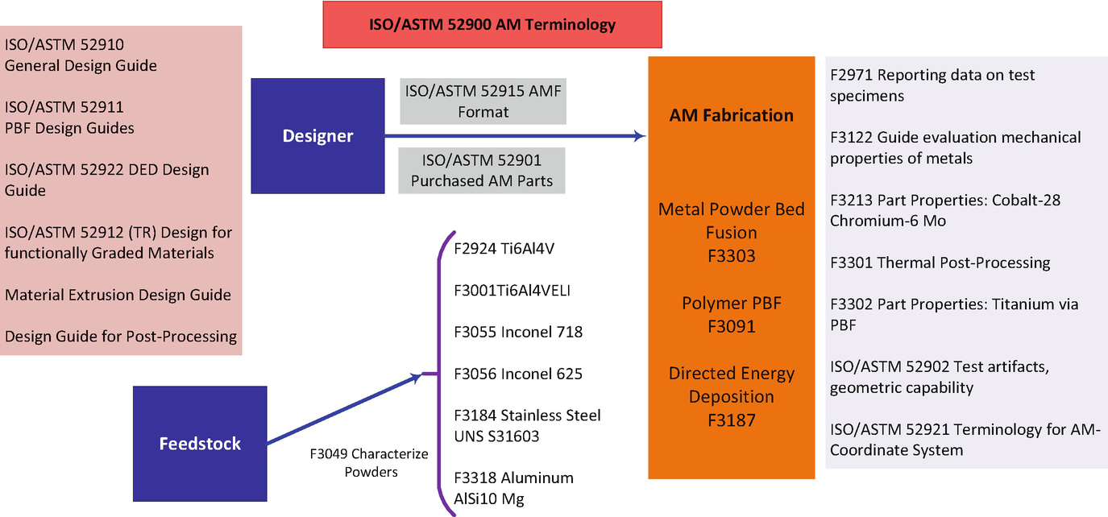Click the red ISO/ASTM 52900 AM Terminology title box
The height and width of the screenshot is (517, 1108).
tap(492, 24)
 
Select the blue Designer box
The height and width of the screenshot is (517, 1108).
tap(317, 136)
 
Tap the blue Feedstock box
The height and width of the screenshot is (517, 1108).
tap(200, 444)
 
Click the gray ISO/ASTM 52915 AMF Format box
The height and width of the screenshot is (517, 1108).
tap(483, 101)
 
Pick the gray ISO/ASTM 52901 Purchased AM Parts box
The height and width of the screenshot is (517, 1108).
tap(482, 170)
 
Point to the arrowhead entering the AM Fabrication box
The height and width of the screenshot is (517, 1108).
tap(641, 137)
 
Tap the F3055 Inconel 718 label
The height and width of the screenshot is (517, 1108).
tap(517, 332)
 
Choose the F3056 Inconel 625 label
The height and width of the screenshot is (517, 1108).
tap(517, 374)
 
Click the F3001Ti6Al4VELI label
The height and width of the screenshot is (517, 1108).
tap(512, 290)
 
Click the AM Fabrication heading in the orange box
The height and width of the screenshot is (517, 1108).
tap(731, 115)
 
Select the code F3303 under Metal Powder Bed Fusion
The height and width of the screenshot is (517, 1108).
tap(731, 255)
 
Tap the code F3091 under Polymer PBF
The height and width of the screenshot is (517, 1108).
tap(731, 326)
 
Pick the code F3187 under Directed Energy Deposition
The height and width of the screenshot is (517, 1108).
tap(731, 420)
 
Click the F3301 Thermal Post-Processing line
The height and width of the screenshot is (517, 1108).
tap(940, 263)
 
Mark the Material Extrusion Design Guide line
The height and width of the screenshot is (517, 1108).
tap(118, 295)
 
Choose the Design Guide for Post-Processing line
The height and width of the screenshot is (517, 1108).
tap(121, 337)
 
